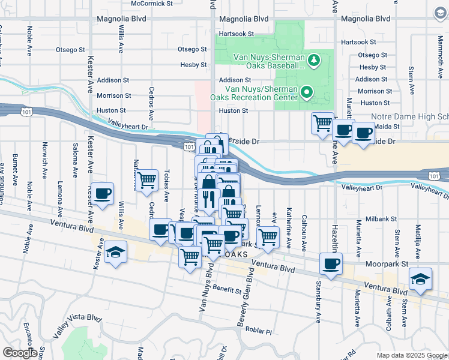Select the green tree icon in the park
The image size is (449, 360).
click(313, 59)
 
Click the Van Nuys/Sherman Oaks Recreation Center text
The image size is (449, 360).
click(253, 92)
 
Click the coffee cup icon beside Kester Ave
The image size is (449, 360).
click(103, 194)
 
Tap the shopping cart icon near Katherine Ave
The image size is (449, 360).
click(267, 236)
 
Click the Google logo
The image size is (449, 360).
click(20, 353)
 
